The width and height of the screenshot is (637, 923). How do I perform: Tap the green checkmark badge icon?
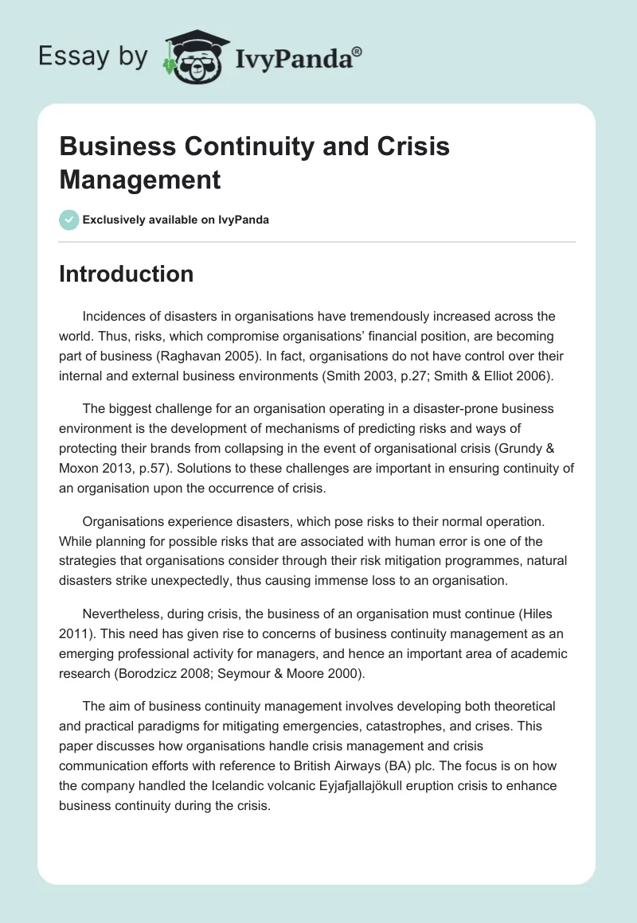[x=69, y=220]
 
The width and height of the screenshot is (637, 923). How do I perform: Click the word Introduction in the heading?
[x=127, y=274]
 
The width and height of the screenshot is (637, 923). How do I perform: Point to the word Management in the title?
[x=140, y=179]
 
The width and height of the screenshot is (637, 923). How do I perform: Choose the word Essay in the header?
[x=64, y=57]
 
